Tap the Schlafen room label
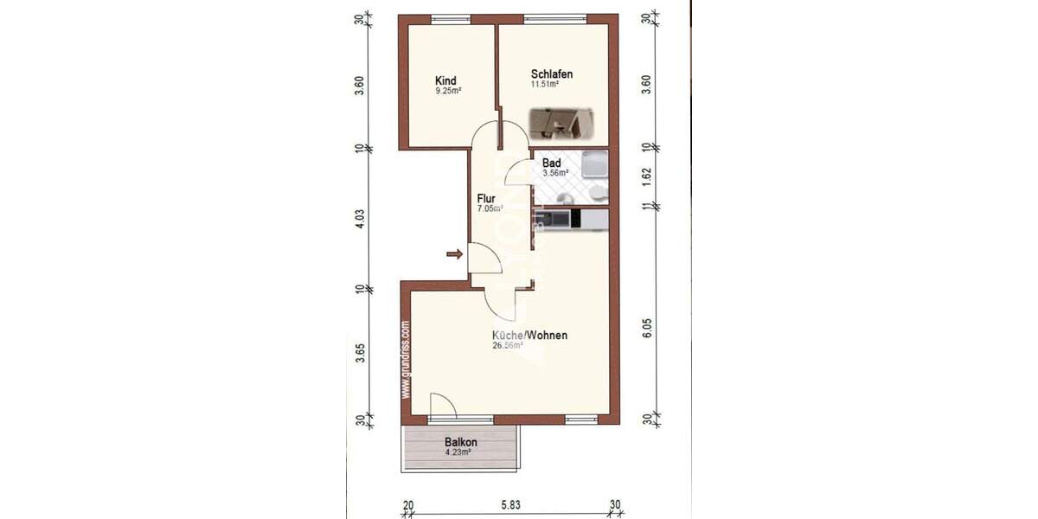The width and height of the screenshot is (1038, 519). click(x=552, y=74)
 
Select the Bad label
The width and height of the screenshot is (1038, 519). click(x=552, y=163)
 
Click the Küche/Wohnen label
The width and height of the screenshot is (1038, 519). click(x=529, y=335)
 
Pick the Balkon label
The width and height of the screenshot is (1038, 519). click(x=461, y=442)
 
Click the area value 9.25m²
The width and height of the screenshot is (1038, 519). click(x=447, y=90)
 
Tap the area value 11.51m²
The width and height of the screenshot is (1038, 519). click(x=545, y=85)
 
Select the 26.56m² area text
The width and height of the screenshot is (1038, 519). click(x=508, y=345)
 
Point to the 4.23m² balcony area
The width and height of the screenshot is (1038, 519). click(x=458, y=452)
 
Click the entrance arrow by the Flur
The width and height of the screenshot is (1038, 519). click(x=453, y=253)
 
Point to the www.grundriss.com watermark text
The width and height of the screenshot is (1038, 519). click(x=405, y=360)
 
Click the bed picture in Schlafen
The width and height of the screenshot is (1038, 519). click(x=561, y=124)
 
